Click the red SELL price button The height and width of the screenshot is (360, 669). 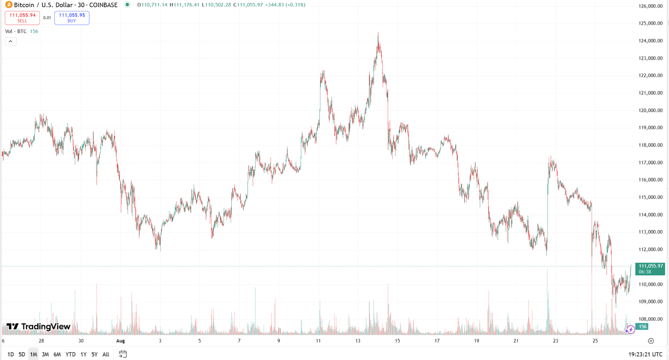[x=23, y=18]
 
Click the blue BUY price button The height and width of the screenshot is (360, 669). [x=72, y=18]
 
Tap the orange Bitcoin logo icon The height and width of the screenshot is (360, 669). [x=9, y=5]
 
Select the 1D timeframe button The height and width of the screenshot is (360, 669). [x=10, y=354]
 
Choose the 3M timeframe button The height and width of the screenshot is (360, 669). [x=45, y=354]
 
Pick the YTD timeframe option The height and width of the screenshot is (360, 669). [x=70, y=354]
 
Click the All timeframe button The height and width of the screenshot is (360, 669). [x=106, y=354]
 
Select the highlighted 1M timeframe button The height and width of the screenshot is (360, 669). [x=33, y=354]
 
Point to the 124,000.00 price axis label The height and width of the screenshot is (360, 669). [x=650, y=41]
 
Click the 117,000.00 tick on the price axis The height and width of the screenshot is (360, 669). [x=650, y=162]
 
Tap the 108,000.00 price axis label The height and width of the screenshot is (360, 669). [x=650, y=319]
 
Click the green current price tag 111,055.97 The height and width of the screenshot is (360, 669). [x=650, y=268]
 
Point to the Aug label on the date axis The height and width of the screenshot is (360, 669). [x=120, y=341]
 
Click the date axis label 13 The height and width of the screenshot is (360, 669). [x=358, y=341]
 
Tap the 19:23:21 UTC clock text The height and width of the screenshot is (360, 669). [x=645, y=354]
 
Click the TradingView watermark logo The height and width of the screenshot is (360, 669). [x=38, y=326]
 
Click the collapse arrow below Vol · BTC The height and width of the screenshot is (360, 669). [x=10, y=41]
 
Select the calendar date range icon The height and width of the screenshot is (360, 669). [x=123, y=354]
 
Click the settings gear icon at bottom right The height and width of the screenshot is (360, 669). [x=651, y=341]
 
